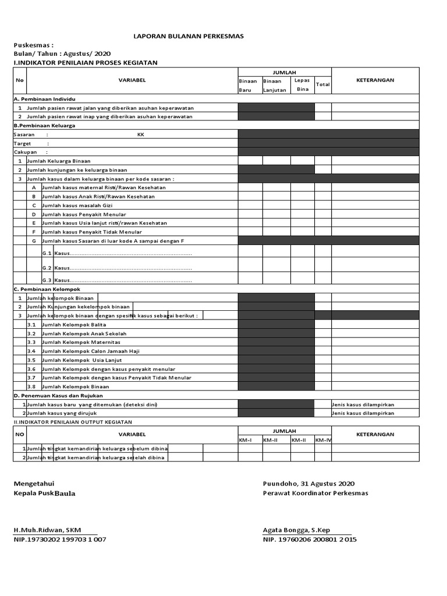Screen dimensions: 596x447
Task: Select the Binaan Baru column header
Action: [249, 86]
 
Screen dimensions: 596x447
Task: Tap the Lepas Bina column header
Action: [303, 84]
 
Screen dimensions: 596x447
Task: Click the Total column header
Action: [322, 85]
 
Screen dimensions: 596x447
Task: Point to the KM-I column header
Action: [245, 440]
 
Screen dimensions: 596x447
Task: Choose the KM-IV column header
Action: [322, 440]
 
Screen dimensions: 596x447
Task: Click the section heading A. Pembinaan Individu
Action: [45, 99]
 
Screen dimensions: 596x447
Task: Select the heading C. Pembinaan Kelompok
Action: [47, 289]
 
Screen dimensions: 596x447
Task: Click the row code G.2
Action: [47, 268]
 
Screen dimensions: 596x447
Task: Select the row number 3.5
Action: [32, 360]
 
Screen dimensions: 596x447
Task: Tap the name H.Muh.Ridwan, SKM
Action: [48, 530]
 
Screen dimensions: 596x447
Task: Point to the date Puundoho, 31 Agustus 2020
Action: [308, 484]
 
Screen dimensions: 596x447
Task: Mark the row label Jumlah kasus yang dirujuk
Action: [68, 413]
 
